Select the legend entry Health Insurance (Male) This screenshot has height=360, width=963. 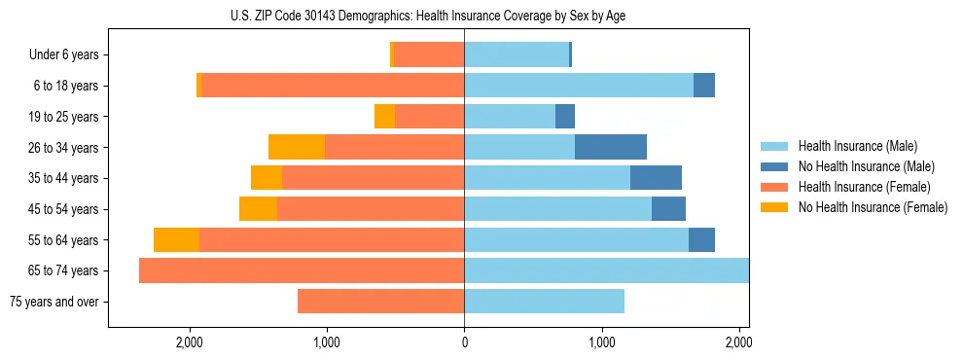click(857, 146)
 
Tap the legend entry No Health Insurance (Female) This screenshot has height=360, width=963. click(873, 207)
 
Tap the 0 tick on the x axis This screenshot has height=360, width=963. click(464, 342)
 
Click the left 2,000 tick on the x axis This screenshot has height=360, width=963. click(189, 342)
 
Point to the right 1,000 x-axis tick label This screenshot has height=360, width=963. click(602, 342)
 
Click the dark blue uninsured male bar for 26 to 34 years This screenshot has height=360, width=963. click(611, 147)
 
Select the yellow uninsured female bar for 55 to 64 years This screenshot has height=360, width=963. click(176, 240)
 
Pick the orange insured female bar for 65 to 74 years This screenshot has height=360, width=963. click(302, 270)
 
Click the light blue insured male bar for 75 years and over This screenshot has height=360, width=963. click(544, 302)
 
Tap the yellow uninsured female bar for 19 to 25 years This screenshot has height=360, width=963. click(384, 117)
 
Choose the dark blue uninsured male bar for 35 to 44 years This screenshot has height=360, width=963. click(656, 178)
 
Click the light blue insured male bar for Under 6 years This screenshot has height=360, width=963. click(517, 55)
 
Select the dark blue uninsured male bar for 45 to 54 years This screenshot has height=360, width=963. click(668, 209)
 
